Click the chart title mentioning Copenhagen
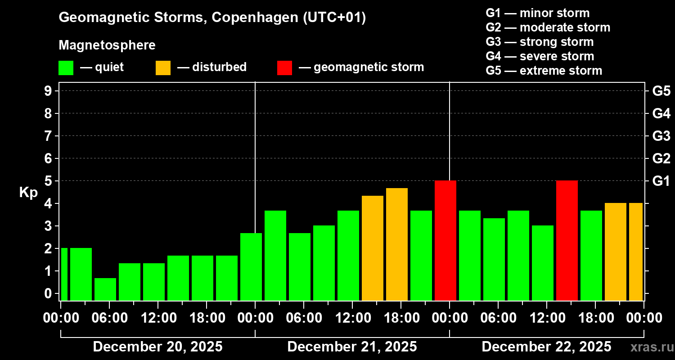(x=212, y=18)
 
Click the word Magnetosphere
(x=107, y=45)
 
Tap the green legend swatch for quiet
(x=66, y=67)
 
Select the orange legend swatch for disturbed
(x=163, y=67)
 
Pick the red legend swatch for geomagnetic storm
(x=284, y=67)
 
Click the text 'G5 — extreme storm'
(x=544, y=71)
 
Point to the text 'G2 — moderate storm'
(x=548, y=27)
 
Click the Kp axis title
(x=28, y=193)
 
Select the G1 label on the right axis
(x=661, y=181)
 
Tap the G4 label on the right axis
(x=661, y=113)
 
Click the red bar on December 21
(x=445, y=240)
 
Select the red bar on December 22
(x=567, y=240)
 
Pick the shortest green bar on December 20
(x=105, y=289)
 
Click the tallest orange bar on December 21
(x=397, y=244)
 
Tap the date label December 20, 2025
(x=157, y=347)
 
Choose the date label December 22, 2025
(x=546, y=347)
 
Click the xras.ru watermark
(x=648, y=347)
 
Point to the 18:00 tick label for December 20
(x=207, y=318)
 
